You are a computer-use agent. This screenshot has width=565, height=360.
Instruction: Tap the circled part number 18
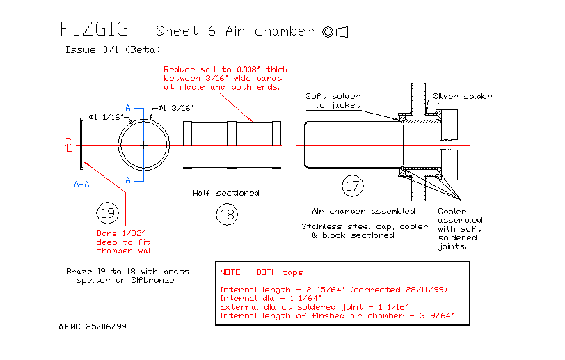click(227, 214)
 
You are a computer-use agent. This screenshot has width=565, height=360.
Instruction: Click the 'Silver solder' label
click(462, 96)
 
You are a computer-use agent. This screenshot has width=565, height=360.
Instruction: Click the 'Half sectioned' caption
click(227, 193)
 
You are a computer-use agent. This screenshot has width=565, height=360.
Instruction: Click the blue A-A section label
click(81, 185)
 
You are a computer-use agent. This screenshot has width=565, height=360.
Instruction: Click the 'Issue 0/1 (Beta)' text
click(113, 49)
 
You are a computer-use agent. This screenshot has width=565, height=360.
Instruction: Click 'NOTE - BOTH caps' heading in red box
click(262, 272)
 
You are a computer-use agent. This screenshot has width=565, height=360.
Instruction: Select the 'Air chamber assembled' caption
click(363, 211)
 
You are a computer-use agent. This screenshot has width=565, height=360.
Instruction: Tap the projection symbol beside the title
click(335, 31)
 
